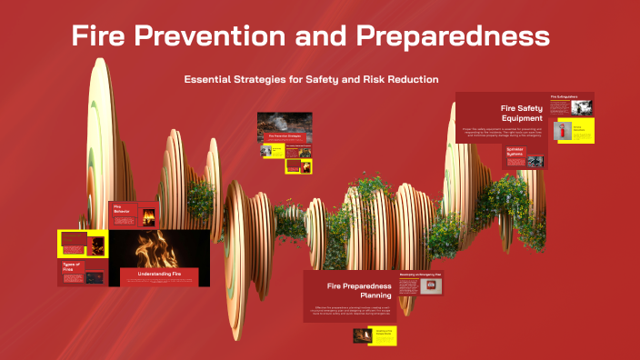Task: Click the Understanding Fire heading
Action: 159,273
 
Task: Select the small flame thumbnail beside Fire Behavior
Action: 145,216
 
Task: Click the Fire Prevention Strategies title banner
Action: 284,135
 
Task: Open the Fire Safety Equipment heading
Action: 522,113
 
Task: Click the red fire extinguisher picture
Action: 563,130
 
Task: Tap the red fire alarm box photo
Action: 430,286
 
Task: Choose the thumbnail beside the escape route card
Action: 361,335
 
